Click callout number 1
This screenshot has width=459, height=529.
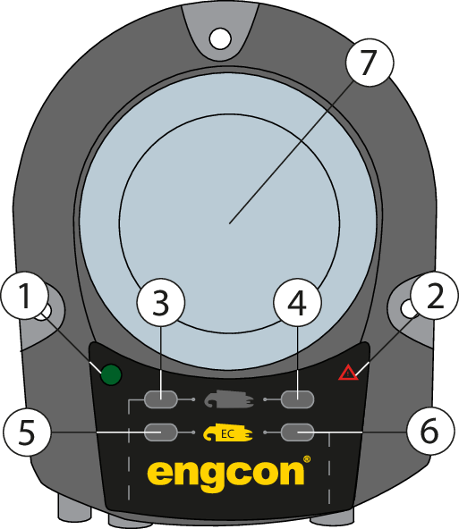pos(25,296)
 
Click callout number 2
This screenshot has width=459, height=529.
pos(435,296)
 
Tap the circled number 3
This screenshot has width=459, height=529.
pos(161,302)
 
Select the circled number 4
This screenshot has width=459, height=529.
pos(297,302)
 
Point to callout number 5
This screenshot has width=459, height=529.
pos(27,432)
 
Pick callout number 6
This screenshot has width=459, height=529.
pos(430,432)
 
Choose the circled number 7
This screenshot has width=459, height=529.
pos(370,63)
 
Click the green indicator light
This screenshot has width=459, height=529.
pos(111,374)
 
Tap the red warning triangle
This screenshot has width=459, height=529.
pos(348,373)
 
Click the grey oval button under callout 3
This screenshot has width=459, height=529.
pos(161,399)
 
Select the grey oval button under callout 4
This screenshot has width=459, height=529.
pos(298,399)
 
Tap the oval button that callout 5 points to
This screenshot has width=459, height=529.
pos(161,432)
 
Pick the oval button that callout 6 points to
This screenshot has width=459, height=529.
pos(298,432)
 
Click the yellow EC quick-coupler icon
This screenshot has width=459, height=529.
pos(228,432)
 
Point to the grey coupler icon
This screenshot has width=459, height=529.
pos(229,399)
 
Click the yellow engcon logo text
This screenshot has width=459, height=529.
pos(225,475)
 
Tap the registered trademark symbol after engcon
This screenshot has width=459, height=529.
pos(307,459)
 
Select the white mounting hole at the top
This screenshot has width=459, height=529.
pos(220,38)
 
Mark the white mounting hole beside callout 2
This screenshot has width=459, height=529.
pos(408,308)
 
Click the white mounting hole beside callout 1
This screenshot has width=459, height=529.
pos(44,312)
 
